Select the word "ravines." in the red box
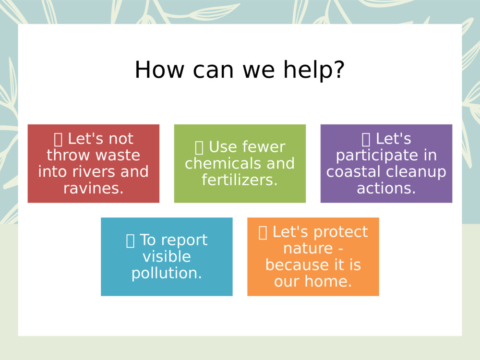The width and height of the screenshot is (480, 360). click(94, 188)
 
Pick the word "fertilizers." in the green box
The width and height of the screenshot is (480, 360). click(240, 180)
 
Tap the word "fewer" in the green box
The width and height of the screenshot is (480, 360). click(263, 147)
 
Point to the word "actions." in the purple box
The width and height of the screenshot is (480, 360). click(386, 188)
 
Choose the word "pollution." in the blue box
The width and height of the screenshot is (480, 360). click(167, 273)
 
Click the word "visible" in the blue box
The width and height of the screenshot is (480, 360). click(167, 256)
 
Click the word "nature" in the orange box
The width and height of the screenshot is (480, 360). click(308, 249)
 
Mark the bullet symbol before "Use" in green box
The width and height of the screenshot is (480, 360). click(199, 147)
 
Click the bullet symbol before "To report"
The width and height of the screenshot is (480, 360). click(130, 240)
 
